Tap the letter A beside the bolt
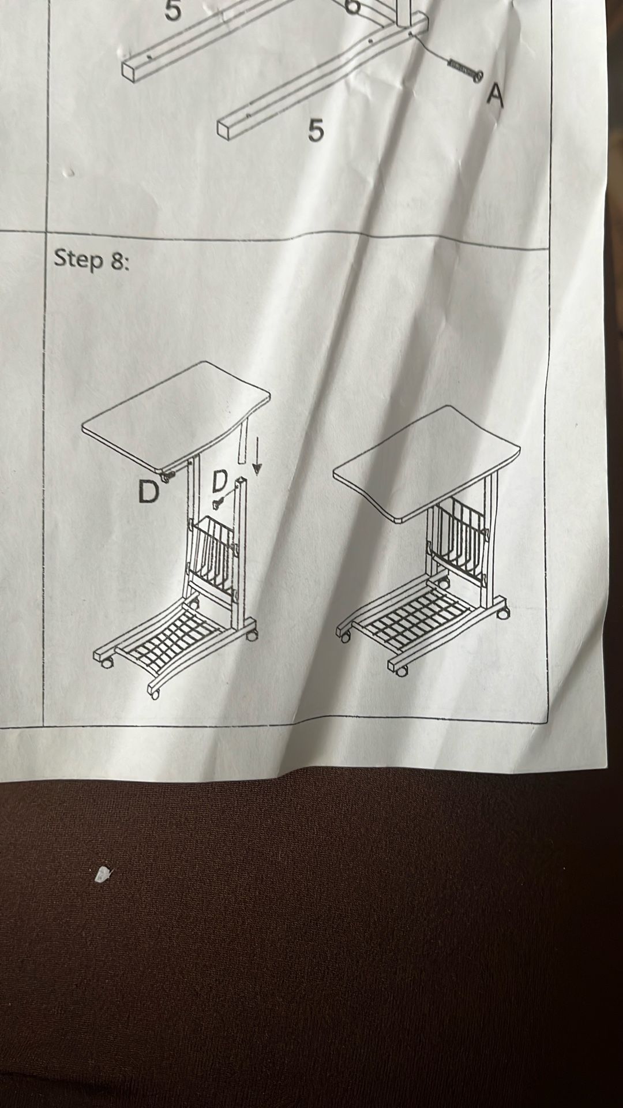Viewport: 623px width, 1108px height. (x=494, y=95)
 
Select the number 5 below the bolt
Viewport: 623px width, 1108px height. (x=315, y=130)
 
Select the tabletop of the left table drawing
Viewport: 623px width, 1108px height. (x=176, y=416)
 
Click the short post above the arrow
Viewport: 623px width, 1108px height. (x=242, y=441)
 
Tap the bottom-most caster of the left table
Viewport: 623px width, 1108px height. (x=154, y=692)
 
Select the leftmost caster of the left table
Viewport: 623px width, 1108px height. (x=107, y=662)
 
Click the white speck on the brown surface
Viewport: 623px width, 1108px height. (x=103, y=875)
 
